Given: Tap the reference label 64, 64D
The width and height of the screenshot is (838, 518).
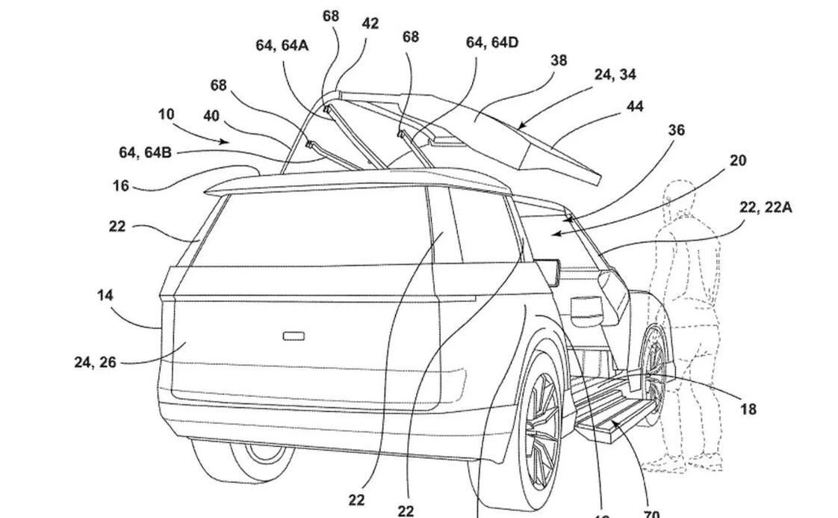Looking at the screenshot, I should [x=492, y=43].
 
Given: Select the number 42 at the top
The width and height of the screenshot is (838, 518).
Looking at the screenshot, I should [x=370, y=23].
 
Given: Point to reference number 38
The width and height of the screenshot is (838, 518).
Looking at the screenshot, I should [x=559, y=61].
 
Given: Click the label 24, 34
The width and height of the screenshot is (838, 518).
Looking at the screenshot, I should [x=615, y=74].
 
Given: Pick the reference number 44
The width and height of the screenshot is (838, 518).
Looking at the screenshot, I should [x=635, y=107].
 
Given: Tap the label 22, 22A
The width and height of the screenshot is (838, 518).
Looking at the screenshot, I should [x=766, y=208].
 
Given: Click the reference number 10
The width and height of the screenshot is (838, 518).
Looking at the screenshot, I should [x=166, y=114].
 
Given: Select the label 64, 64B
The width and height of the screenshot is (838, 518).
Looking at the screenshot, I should [x=146, y=152].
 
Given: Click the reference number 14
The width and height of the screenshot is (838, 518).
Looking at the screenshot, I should [x=105, y=295].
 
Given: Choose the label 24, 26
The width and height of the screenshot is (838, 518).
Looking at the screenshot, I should [x=95, y=363].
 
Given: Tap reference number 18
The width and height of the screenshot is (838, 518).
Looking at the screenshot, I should [x=748, y=409].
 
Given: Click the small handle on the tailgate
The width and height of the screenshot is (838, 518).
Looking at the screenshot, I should [x=294, y=336].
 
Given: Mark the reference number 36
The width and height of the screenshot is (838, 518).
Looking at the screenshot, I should [x=675, y=130].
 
